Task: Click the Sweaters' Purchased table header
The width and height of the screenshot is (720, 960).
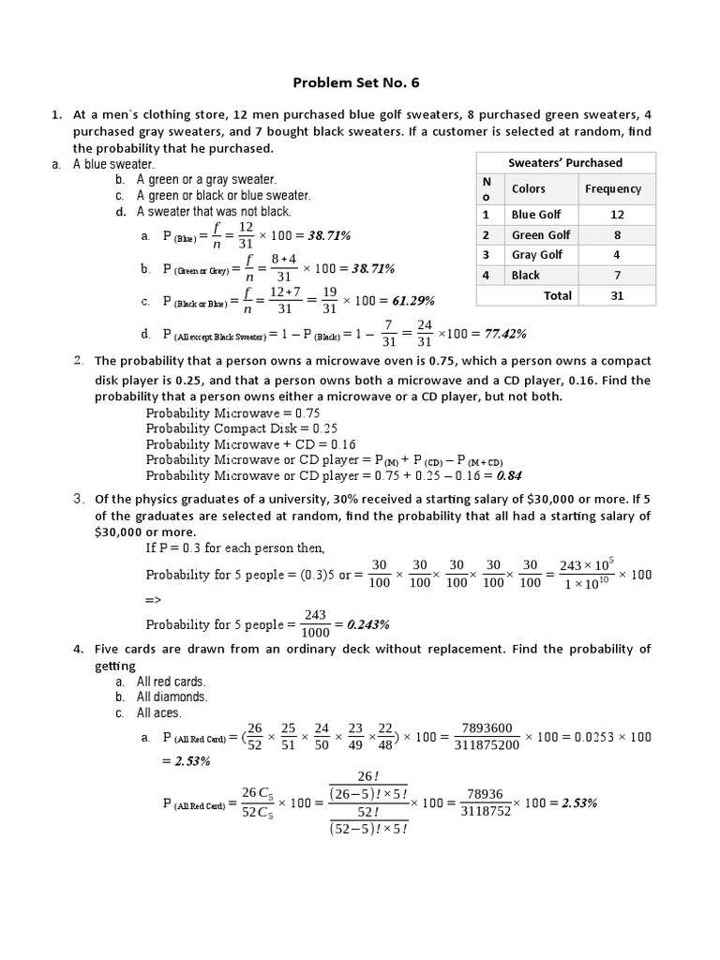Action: tap(564, 162)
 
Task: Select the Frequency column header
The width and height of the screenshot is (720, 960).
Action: tap(613, 188)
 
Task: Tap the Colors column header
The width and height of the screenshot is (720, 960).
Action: tap(529, 188)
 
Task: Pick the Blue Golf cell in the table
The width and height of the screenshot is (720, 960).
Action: tap(536, 215)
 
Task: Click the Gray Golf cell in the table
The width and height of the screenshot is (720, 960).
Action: tap(537, 255)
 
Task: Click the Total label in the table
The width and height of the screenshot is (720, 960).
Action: tap(558, 295)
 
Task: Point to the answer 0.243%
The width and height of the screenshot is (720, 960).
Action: tap(367, 623)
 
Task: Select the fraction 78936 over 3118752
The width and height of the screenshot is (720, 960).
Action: tap(486, 803)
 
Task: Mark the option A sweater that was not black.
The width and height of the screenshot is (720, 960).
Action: tap(214, 212)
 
